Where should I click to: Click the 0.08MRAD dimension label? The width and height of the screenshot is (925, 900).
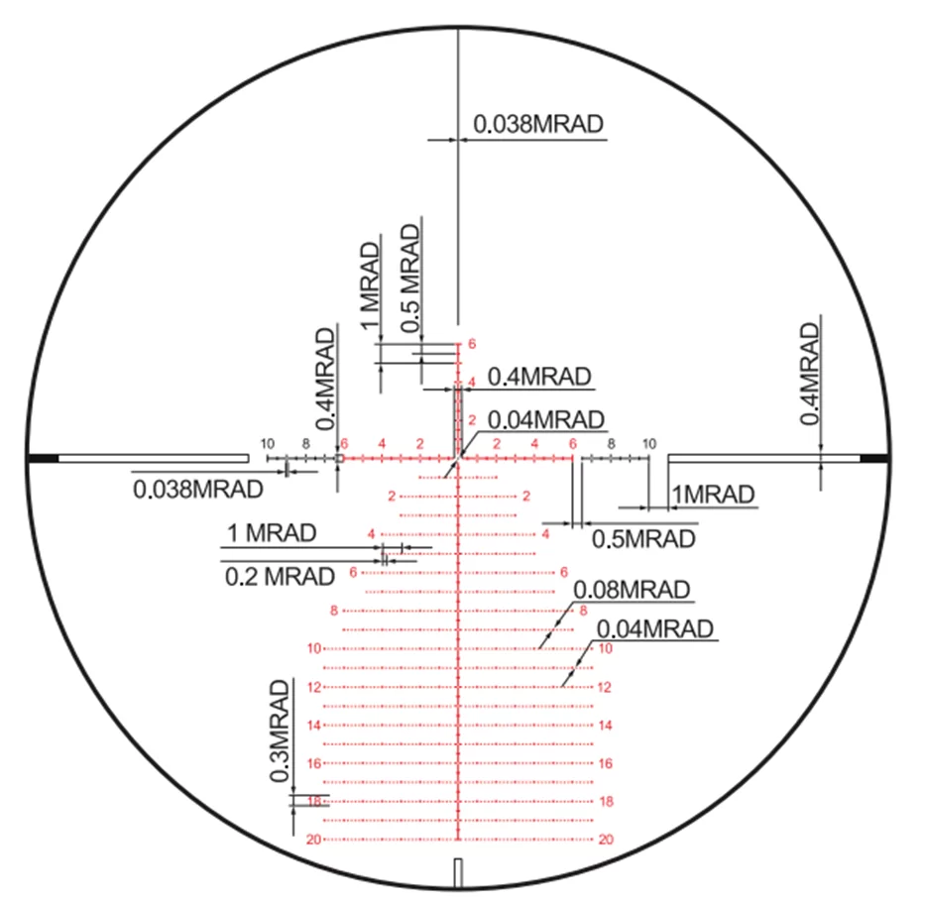pyautogui.click(x=632, y=589)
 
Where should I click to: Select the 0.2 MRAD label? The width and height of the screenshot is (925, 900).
pyautogui.click(x=280, y=576)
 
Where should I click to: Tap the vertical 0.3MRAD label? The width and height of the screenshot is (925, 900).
pyautogui.click(x=279, y=731)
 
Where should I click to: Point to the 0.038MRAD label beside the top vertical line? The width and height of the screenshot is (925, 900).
pyautogui.click(x=538, y=124)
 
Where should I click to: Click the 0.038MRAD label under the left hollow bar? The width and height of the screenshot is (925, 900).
pyautogui.click(x=198, y=489)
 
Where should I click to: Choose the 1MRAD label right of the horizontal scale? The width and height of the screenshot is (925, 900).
pyautogui.click(x=713, y=495)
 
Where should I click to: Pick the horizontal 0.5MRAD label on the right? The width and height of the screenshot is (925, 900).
pyautogui.click(x=643, y=539)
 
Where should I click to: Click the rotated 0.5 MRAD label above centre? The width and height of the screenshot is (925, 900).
pyautogui.click(x=409, y=279)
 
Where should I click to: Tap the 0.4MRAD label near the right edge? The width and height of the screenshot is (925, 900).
pyautogui.click(x=810, y=374)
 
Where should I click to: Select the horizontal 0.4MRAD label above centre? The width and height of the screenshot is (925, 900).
pyautogui.click(x=539, y=377)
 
